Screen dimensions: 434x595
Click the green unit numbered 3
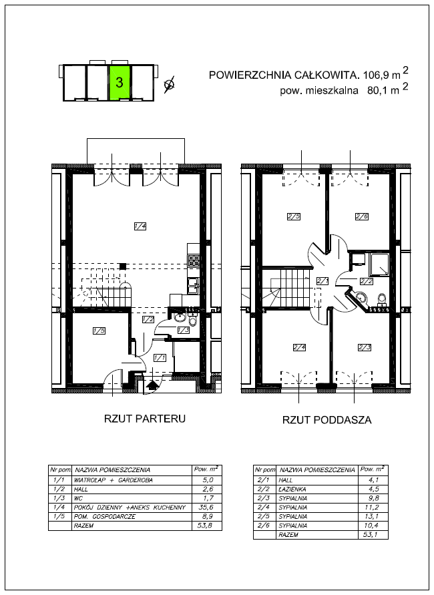pos(120,82)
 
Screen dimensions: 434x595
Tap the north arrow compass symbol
pos(170,84)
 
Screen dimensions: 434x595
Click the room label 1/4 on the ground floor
pos(140,226)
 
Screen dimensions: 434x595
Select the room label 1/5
pos(99,331)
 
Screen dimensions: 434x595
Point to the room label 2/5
pos(294,216)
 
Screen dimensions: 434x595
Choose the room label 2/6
pos(362,216)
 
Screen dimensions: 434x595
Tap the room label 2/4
pos(299,347)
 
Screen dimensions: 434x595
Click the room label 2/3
pos(364,347)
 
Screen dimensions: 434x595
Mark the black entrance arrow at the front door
pos(152,386)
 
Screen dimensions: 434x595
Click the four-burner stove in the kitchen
pos(194,260)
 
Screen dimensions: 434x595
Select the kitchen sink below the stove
pos(194,286)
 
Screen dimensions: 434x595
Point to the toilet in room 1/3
pos(193,321)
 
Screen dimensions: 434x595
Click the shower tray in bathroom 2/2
pos(380,264)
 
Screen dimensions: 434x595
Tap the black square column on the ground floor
pos(123,266)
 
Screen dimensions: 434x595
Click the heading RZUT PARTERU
pos(145,419)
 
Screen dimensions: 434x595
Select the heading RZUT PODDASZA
pos(327,419)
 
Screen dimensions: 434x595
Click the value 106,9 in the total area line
pos(376,75)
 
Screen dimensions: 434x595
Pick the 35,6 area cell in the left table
pos(206,508)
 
